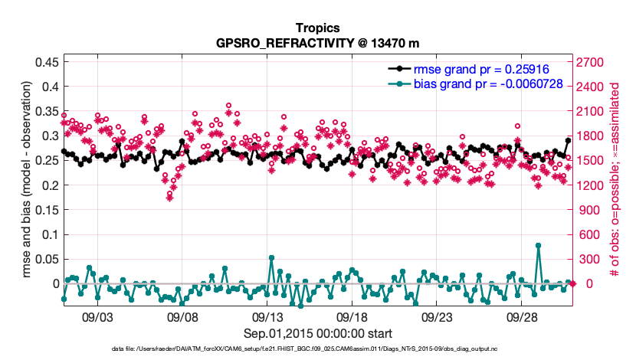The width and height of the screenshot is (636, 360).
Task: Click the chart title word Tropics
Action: point(318,28)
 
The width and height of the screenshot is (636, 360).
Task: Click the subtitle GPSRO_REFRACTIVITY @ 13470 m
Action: point(318,42)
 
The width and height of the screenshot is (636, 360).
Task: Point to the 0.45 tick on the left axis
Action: point(48,62)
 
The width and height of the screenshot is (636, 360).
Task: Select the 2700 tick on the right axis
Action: point(591,62)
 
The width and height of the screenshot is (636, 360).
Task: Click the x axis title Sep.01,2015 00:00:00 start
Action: point(318,333)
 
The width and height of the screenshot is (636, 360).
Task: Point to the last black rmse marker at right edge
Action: point(568,140)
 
